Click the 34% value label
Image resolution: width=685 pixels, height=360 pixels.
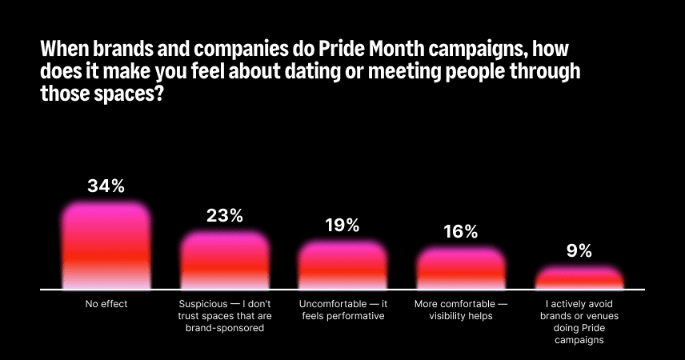pos(106,186)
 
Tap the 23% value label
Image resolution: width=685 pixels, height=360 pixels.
pos(225,215)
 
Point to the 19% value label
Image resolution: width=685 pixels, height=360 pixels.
pos(342,226)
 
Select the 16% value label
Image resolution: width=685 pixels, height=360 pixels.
pos(460,232)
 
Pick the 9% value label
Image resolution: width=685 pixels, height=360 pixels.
pos(579,250)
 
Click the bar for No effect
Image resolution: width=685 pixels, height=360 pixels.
pos(106,246)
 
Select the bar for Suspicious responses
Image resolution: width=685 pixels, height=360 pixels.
pos(225,260)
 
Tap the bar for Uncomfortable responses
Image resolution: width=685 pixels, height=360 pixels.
pos(343,265)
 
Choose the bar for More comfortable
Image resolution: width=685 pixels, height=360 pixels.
pos(461,269)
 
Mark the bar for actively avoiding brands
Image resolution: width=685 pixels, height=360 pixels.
pos(579,278)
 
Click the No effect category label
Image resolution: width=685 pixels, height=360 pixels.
pos(106,304)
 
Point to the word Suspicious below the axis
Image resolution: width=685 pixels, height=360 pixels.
pos(203,304)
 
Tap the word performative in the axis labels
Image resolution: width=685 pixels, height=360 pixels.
pos(355,316)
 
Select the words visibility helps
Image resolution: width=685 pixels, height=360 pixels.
pos(461,316)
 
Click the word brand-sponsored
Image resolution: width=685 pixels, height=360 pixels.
pos(225,328)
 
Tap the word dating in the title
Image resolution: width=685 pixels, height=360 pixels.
pos(312,72)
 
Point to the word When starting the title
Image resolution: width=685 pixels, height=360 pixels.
pos(65,49)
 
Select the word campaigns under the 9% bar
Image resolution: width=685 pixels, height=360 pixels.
pos(579,340)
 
